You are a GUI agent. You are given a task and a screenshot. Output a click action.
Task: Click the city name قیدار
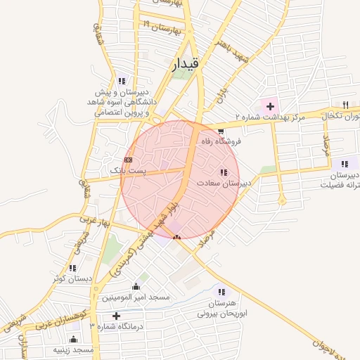point(186,65)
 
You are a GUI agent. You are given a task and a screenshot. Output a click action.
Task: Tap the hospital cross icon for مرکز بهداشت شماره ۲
point(270,106)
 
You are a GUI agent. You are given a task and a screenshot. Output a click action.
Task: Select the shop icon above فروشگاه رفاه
point(221,131)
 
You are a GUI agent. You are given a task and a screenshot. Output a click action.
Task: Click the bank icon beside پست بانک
point(128,160)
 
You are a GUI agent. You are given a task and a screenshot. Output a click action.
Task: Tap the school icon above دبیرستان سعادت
point(224,172)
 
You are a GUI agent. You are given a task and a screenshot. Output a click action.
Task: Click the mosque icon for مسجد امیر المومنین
point(136,287)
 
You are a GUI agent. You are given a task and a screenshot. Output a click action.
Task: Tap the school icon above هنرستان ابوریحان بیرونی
point(222,292)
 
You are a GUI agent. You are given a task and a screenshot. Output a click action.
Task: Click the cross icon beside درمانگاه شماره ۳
point(116,316)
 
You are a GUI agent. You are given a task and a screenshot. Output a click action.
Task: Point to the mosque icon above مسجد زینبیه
point(74,339)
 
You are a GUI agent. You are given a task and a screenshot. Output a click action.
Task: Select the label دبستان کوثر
point(72,278)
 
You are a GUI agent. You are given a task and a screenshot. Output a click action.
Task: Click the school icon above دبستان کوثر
point(72,268)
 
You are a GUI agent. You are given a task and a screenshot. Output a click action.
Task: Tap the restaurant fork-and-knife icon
point(345,104)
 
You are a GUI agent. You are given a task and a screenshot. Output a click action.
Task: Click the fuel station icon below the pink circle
point(176,237)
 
